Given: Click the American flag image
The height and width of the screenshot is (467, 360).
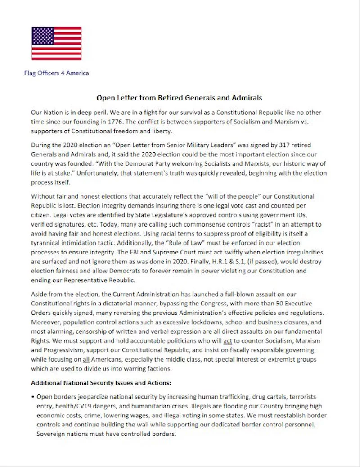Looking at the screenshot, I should click(56, 43).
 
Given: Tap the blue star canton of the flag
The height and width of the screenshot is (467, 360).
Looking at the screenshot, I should click(42, 35).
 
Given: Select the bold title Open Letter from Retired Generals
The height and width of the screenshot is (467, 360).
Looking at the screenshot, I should click(180, 97).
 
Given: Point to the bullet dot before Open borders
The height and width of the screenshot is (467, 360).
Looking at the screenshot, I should click(33, 397).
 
